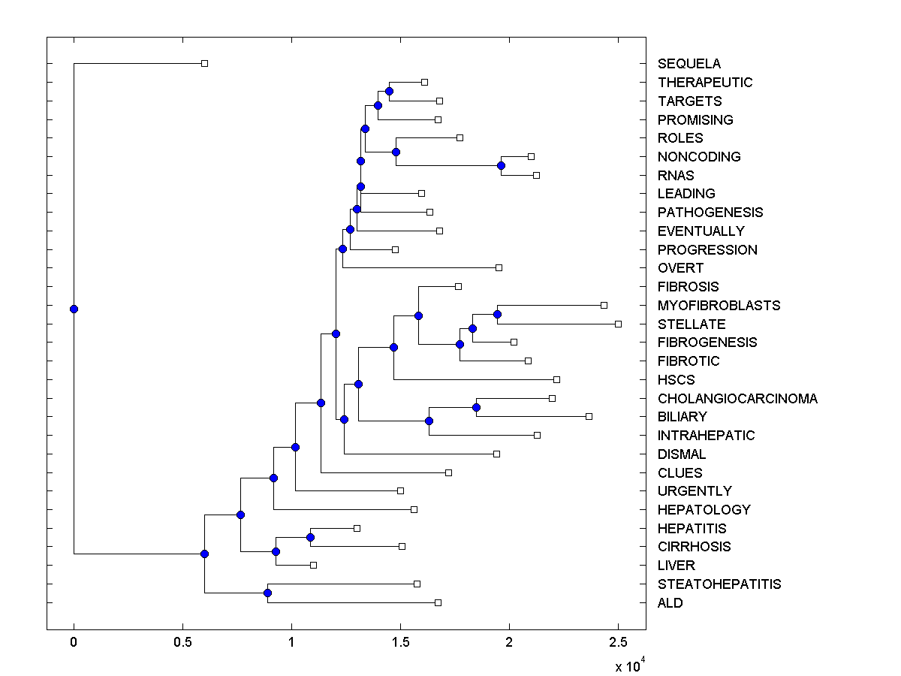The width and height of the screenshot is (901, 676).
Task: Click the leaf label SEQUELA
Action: (689, 64)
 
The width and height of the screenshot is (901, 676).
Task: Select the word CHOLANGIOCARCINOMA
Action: (737, 398)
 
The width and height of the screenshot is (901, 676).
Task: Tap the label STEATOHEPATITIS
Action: (719, 584)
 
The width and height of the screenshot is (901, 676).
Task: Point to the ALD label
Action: (670, 602)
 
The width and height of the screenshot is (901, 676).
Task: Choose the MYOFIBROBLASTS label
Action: (719, 305)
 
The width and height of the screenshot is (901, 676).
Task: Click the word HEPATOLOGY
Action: (704, 509)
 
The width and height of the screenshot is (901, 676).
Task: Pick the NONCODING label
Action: (699, 156)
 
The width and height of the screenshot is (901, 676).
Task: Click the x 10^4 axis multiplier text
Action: (628, 665)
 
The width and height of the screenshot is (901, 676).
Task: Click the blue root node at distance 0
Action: (74, 309)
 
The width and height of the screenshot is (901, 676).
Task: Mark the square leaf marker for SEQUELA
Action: (204, 63)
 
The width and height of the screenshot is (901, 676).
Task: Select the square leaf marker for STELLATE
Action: (618, 324)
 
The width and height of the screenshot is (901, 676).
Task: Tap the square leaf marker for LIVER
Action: (313, 565)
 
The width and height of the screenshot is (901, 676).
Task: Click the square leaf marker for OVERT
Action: (499, 267)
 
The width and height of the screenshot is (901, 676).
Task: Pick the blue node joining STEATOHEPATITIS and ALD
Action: (267, 593)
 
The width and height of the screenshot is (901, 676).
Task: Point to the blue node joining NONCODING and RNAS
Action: (501, 165)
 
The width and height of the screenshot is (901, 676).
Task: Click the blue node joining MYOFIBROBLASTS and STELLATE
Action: (497, 314)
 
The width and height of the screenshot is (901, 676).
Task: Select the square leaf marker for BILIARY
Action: (589, 416)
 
